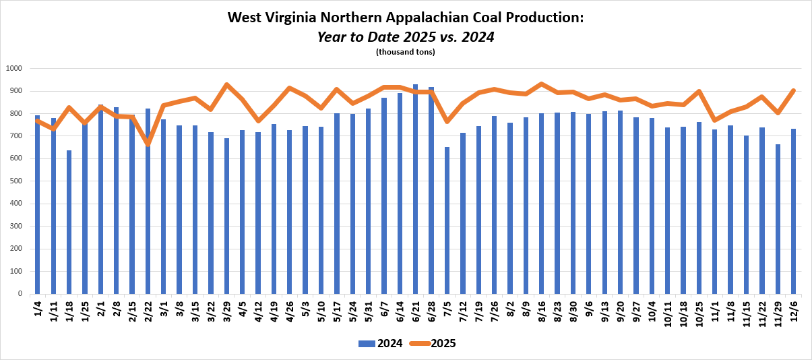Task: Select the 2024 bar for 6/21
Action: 415,189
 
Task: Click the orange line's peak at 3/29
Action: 226,85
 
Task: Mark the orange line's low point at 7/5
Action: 447,121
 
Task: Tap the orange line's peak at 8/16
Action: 541,84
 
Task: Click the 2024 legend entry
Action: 380,343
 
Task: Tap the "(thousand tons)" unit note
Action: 406,52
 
